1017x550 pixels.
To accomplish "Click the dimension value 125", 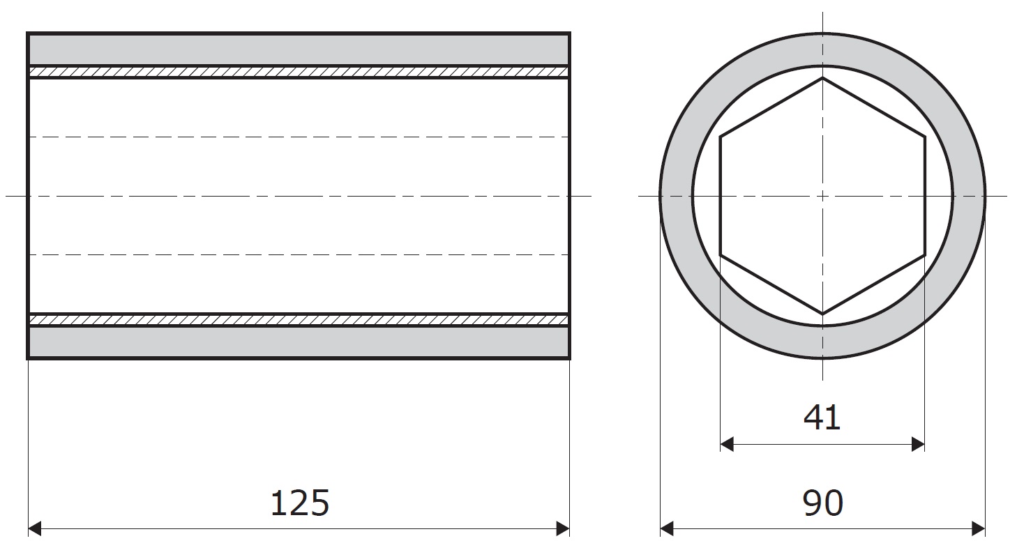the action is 300,503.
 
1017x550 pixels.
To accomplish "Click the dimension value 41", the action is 822,418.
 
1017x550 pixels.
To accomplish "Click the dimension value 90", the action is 822,503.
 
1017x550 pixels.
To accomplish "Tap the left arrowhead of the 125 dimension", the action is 34,528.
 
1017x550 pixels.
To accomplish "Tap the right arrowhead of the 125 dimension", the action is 563,528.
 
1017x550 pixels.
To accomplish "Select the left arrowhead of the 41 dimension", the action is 727,444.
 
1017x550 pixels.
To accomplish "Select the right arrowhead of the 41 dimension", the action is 918,444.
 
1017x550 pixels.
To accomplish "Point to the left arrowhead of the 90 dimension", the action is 667,528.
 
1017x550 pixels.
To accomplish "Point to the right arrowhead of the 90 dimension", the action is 979,528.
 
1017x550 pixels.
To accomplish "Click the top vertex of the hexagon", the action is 822,78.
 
